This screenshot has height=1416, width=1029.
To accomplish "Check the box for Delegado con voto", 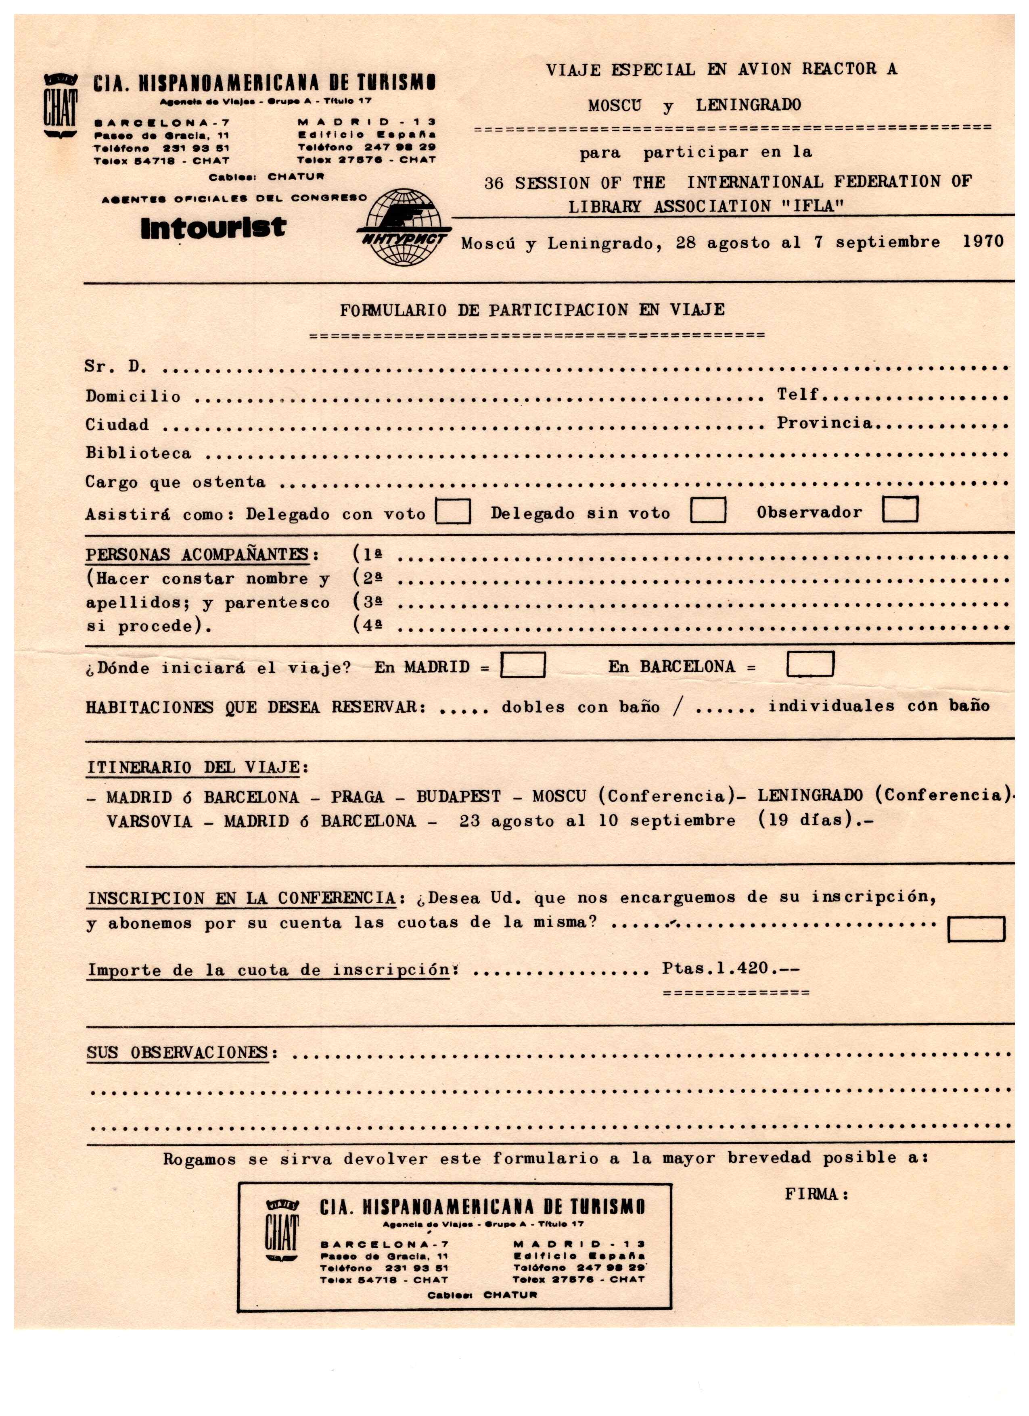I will point(453,512).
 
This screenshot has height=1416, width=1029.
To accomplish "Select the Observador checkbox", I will point(900,509).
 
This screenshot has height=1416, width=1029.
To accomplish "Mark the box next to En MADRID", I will point(523,665).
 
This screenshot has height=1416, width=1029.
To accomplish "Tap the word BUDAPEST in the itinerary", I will point(458,796).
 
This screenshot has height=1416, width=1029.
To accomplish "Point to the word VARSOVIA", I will point(149,821).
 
